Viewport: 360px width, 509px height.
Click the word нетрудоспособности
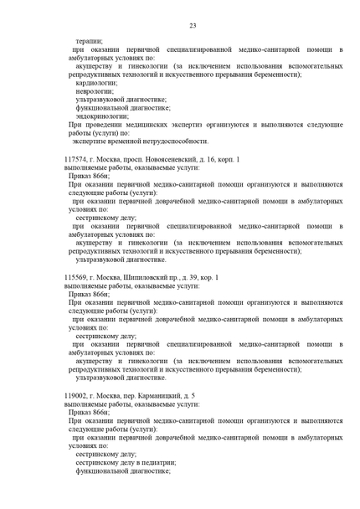tap(163, 141)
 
